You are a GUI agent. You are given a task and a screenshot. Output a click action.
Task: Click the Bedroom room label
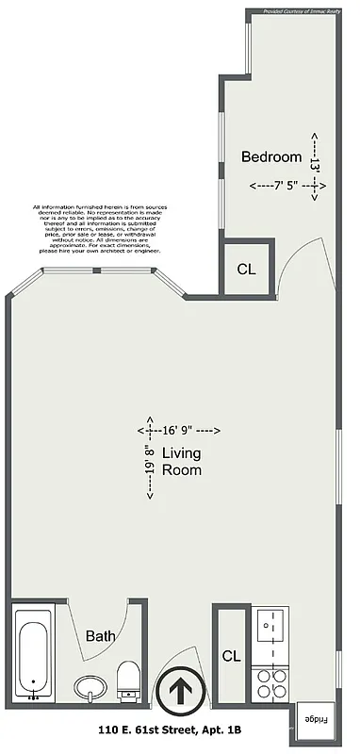click(271, 157)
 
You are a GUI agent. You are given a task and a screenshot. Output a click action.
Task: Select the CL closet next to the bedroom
click(246, 270)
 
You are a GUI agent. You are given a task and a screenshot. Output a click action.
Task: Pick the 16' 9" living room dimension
click(183, 430)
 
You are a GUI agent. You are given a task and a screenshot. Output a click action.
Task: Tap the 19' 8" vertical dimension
click(148, 458)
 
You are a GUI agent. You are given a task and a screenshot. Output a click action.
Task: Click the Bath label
click(101, 637)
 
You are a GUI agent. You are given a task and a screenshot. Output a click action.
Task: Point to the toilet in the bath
click(129, 679)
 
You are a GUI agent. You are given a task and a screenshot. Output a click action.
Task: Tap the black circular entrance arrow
click(177, 697)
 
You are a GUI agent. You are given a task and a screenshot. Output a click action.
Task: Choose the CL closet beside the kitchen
click(231, 655)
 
